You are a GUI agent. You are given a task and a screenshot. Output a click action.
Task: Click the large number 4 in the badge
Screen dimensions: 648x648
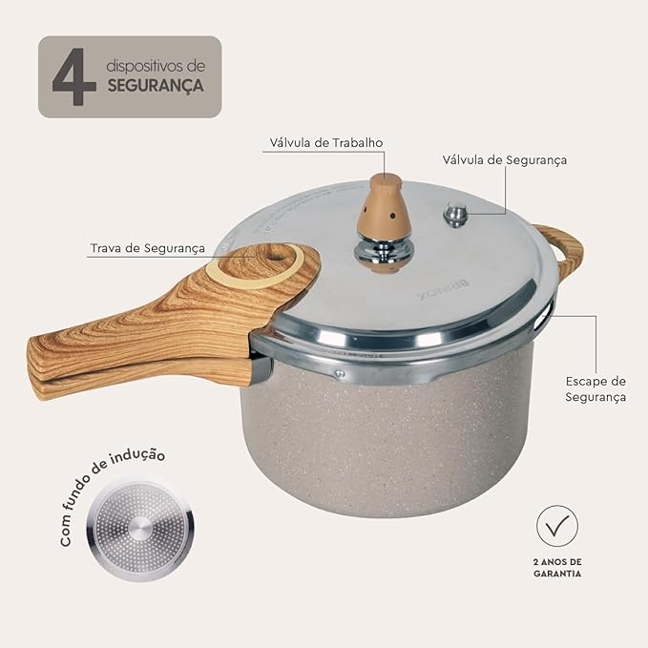coord(74,76)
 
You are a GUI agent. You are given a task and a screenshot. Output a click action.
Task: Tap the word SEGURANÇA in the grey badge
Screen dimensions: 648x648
coord(156,86)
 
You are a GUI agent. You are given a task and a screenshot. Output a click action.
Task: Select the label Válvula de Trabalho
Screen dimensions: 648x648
coord(326,142)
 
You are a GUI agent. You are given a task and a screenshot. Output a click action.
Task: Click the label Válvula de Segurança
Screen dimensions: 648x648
coord(505,160)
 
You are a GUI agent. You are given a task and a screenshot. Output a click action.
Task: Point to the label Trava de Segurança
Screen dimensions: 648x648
coord(148,248)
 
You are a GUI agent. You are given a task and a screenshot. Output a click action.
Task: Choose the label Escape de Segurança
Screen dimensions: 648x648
coord(596,388)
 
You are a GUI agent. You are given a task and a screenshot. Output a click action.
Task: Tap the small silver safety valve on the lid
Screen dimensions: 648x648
coord(455,216)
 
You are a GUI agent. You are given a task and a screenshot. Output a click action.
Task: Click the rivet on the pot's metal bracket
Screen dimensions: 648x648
coord(340,374)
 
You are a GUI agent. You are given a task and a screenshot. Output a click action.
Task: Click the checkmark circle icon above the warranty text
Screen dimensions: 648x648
coord(557,526)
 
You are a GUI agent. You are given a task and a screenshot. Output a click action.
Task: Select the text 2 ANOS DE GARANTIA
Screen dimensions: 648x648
coord(557,568)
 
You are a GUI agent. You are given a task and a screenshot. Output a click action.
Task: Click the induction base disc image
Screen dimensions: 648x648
coord(140,531)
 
